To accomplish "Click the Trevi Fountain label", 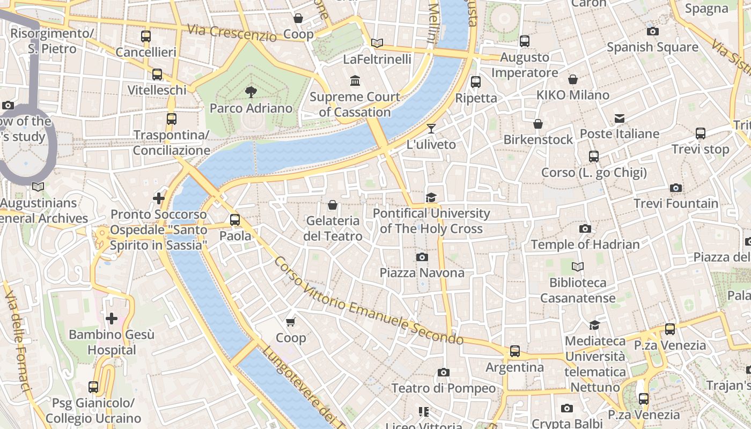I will [676, 204].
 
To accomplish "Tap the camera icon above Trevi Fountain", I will [676, 188].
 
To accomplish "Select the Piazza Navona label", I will [422, 273].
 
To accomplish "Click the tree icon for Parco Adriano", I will [251, 92].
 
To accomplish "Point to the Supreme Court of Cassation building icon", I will [355, 81].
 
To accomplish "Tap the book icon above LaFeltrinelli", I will [377, 43].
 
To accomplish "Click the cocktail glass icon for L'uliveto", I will [431, 129].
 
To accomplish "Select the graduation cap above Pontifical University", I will [431, 198].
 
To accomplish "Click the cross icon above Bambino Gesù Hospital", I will [112, 319].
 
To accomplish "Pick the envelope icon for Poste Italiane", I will [620, 118].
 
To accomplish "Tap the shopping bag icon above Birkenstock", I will [538, 124].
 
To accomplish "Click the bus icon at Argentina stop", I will [515, 351].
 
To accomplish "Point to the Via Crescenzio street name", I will [232, 33].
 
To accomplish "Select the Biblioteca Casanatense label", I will [578, 290].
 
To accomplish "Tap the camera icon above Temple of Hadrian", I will [585, 229].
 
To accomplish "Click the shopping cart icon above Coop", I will [291, 322].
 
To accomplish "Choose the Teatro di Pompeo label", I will [444, 388].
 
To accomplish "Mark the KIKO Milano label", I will [573, 95].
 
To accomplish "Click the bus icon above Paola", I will [235, 219].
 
